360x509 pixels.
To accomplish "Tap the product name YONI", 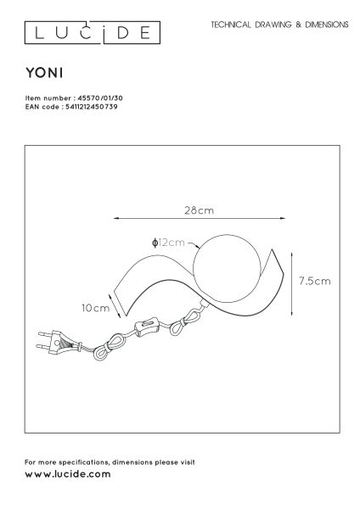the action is pos(44,73).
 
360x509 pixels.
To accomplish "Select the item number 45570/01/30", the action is pos(100,98).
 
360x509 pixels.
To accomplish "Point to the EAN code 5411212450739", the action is pos(92,107).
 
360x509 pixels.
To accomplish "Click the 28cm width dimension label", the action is pos(200,210).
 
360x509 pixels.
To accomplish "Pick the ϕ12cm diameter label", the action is pos(168,243).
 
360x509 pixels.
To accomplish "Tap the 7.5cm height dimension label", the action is pos(314,281).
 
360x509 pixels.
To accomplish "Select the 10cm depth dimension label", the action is pos(96,308).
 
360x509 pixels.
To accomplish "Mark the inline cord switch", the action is pos(146,327).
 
